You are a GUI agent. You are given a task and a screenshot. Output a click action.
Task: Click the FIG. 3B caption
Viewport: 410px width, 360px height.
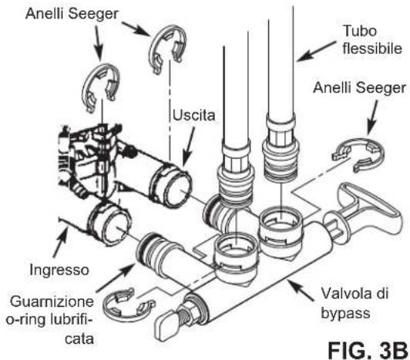[x=367, y=350]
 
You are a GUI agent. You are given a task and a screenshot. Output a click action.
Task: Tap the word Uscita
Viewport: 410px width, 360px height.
[x=193, y=116]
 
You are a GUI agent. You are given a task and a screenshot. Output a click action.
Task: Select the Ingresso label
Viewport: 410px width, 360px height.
[x=59, y=270]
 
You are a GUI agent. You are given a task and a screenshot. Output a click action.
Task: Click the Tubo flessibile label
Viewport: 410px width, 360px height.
[x=371, y=39]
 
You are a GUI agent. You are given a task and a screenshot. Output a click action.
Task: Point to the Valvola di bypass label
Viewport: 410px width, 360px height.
[x=355, y=303]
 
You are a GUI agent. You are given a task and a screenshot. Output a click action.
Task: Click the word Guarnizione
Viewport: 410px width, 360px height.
[x=52, y=301]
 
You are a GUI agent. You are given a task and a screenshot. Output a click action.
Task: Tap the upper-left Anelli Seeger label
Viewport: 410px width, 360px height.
[x=72, y=14]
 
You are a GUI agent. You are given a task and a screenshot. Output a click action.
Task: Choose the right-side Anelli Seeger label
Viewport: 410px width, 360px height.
[x=360, y=88]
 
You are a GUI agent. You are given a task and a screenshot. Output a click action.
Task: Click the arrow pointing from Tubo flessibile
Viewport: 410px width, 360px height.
[x=317, y=51]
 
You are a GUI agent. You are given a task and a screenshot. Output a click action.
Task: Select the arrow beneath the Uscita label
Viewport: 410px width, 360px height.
[x=189, y=146]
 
